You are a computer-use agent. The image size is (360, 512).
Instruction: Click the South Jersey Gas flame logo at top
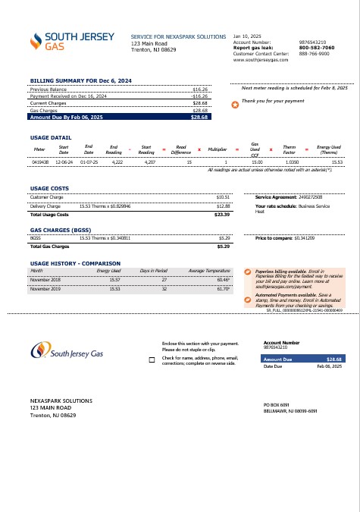36,42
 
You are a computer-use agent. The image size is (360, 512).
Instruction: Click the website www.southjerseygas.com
261,60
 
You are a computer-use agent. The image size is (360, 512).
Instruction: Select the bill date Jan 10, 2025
246,36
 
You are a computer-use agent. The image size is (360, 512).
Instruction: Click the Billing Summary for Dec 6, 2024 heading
80,80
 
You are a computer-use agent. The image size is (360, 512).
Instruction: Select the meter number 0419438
40,162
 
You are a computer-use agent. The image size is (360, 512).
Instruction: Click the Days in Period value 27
164,280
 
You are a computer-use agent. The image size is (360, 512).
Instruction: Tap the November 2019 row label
45,289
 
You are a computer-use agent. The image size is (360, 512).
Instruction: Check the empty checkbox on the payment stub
152,359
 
